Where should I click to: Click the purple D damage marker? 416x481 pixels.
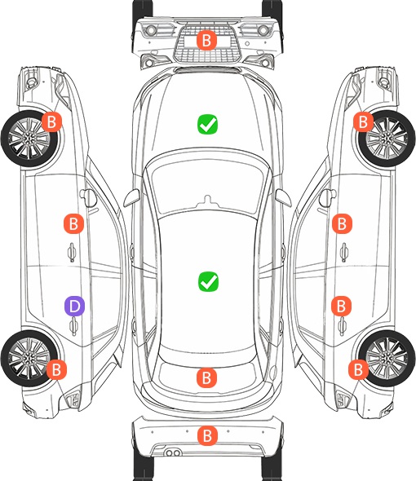[x=74, y=306]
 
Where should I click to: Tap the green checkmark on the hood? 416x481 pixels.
[x=207, y=124]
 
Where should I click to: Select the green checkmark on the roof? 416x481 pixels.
[x=208, y=281]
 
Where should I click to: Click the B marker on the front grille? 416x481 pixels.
[x=206, y=40]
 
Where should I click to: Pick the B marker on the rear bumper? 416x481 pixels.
[x=207, y=435]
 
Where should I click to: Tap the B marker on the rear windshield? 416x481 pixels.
[x=206, y=377]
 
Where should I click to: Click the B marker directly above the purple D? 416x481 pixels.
[x=73, y=223]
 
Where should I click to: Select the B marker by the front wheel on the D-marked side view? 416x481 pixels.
[x=51, y=121]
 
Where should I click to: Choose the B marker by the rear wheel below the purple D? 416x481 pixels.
[x=56, y=369]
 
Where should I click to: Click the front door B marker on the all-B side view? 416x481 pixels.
[x=342, y=223]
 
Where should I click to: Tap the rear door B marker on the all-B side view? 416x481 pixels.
[x=342, y=306]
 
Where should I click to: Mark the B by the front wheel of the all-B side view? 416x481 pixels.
[x=363, y=121]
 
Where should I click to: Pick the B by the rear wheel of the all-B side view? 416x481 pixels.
[x=358, y=369]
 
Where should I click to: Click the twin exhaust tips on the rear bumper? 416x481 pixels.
[x=173, y=453]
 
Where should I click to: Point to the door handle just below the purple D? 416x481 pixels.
[x=73, y=326]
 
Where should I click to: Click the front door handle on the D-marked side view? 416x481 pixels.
[x=72, y=252]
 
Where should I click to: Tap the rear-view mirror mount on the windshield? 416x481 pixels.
[x=207, y=200]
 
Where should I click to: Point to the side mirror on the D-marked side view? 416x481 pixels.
[x=88, y=196]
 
